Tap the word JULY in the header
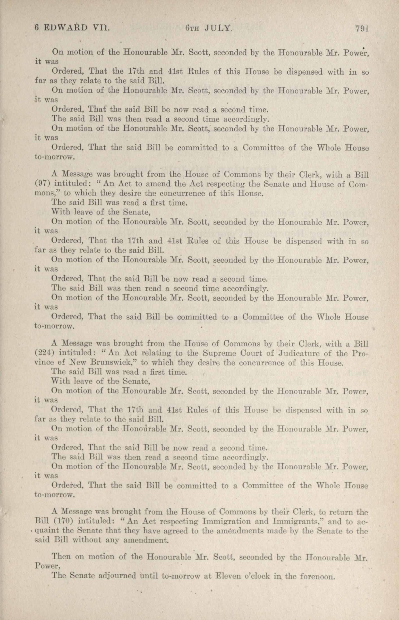[x=218, y=28]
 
